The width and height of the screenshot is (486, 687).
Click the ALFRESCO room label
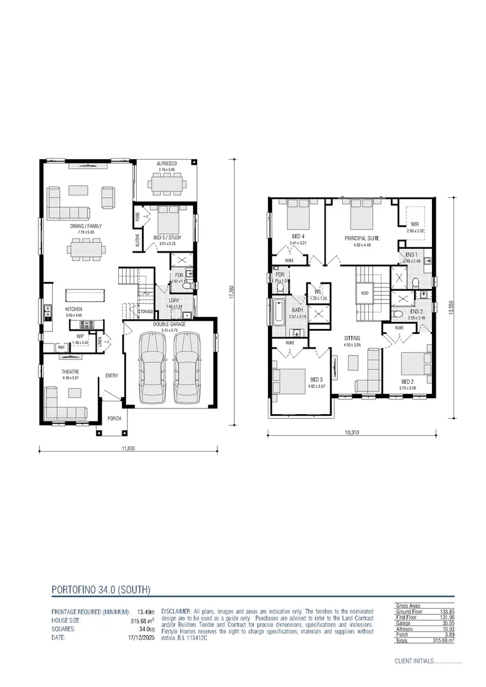point(167,165)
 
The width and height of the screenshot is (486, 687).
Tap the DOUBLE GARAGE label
point(169,324)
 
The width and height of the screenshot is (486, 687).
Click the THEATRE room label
point(70,371)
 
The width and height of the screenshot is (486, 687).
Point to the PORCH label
point(115,419)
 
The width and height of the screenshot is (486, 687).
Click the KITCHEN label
point(74,310)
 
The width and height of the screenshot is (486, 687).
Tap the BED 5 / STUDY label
point(167,237)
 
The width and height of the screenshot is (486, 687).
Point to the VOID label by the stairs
point(364,293)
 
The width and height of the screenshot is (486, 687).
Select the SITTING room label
point(352,338)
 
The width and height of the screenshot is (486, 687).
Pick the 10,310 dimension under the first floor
point(352,433)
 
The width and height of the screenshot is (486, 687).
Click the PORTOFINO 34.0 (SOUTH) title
point(101,590)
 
